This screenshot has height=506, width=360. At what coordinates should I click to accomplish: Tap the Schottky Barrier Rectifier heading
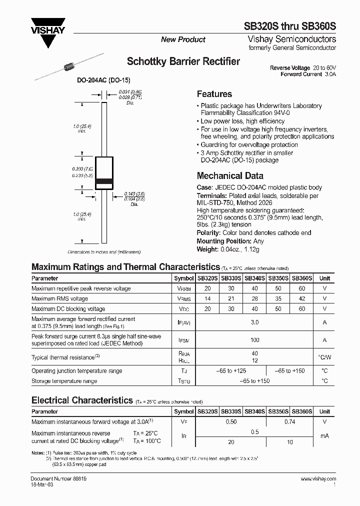click(x=183, y=61)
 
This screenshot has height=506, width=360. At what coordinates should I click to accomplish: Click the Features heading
click(x=214, y=94)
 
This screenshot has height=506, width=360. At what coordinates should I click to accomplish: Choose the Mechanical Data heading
click(x=230, y=176)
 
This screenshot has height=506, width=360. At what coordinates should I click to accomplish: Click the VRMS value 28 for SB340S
click(x=255, y=299)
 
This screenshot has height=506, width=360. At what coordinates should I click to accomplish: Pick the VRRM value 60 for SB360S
click(x=301, y=288)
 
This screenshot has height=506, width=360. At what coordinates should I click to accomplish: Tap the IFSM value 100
click(x=255, y=340)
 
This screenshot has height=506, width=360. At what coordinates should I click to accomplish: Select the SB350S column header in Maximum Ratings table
click(x=278, y=278)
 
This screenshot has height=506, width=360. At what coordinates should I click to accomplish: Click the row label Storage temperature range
click(x=64, y=381)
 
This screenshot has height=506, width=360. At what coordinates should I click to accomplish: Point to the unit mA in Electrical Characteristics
click(x=324, y=436)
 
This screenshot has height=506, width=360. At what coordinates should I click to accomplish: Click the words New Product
click(x=183, y=39)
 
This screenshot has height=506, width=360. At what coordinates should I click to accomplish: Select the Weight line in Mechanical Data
click(x=228, y=249)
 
